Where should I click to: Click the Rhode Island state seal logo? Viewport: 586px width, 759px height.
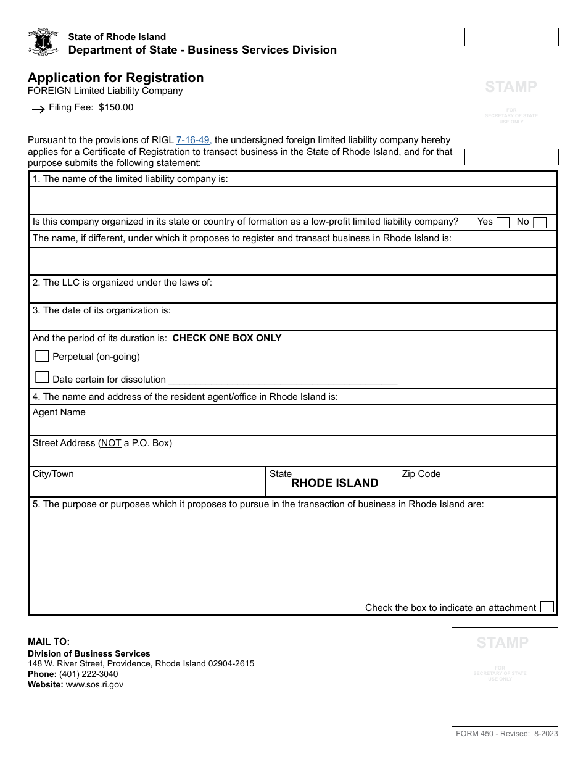[43, 42]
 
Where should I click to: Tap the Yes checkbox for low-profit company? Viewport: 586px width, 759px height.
[503, 223]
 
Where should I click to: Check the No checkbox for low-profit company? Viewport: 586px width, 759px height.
[540, 223]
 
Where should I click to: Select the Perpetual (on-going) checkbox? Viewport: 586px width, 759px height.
[43, 356]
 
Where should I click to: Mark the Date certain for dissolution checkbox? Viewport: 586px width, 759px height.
[43, 377]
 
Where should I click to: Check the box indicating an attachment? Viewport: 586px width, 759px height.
[547, 607]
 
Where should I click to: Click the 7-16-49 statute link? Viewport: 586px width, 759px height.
[194, 140]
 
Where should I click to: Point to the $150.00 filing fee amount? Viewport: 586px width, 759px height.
[116, 107]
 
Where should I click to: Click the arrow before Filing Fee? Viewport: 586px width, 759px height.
[38, 109]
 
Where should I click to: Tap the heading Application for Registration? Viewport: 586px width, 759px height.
[116, 78]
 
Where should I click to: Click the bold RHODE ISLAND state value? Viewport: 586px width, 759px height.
[334, 483]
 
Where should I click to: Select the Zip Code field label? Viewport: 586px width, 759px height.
[421, 474]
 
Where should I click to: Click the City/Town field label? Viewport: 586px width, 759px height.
[53, 474]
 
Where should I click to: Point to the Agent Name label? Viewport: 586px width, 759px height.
[59, 412]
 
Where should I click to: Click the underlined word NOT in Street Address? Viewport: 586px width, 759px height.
[111, 443]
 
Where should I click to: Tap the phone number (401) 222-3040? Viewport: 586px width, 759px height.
[89, 674]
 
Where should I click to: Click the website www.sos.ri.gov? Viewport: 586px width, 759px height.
[94, 684]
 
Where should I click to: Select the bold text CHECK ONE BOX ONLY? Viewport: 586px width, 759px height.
[227, 338]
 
